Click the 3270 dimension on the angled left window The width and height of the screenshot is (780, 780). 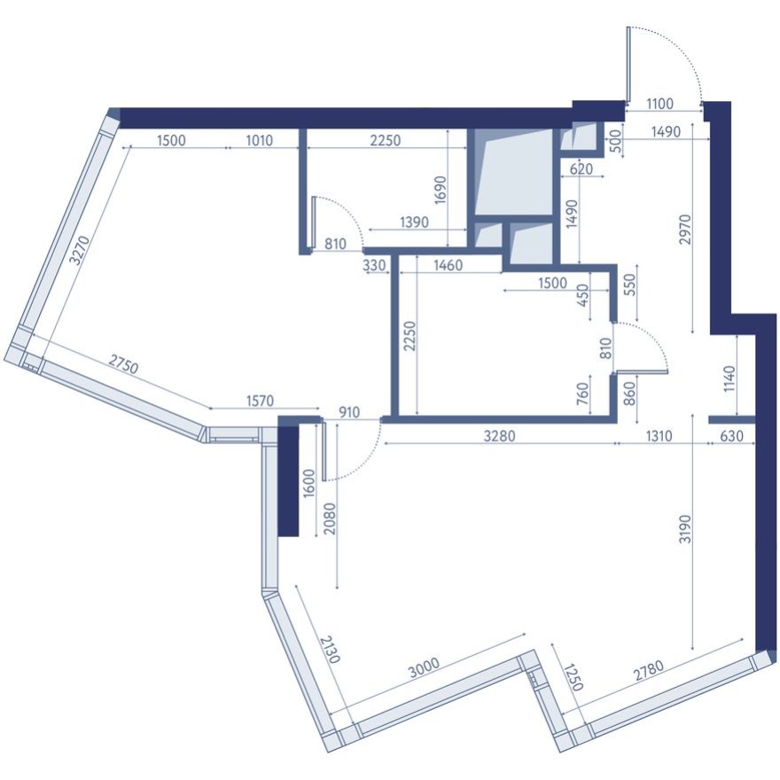(79, 249)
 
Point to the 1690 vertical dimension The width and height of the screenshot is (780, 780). (441, 189)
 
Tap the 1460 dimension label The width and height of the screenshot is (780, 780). (448, 264)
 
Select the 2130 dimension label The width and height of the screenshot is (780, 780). (329, 648)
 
